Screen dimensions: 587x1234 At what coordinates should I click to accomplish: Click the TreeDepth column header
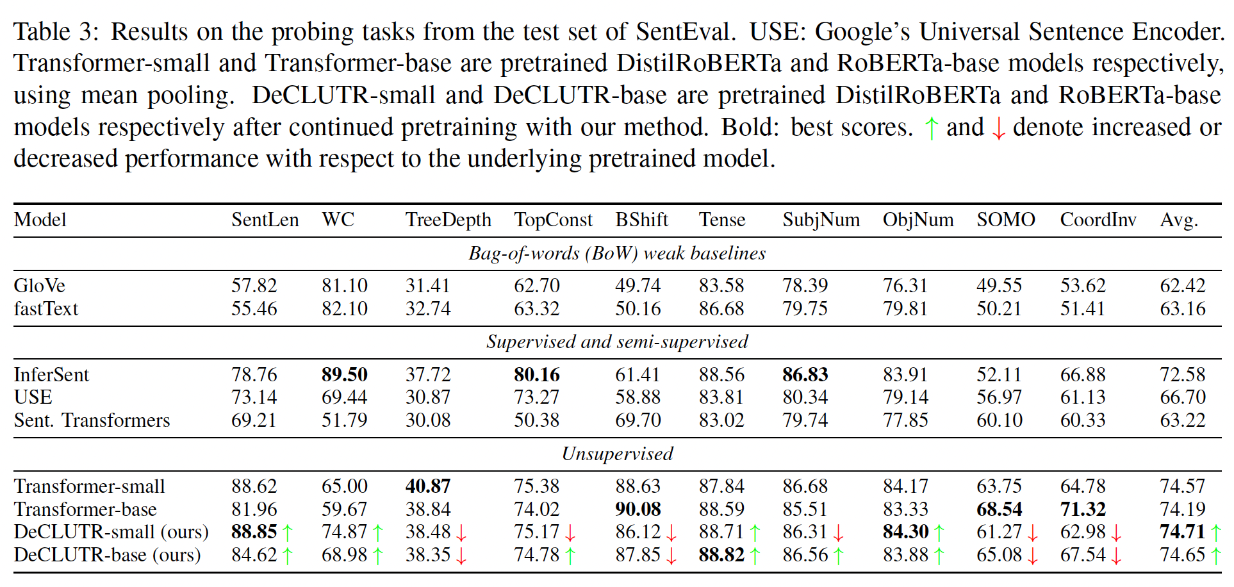tap(448, 220)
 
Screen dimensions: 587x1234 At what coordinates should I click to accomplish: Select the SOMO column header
tap(1005, 220)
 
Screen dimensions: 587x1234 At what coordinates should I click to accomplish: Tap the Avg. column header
tap(1178, 220)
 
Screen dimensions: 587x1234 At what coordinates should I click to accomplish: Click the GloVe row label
tap(40, 285)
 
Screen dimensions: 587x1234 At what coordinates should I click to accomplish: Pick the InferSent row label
tap(51, 374)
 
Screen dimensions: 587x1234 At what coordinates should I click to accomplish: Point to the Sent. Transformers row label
tap(92, 420)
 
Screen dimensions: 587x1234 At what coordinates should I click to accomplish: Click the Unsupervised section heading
tap(617, 454)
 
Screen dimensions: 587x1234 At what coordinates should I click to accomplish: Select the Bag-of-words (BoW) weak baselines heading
tap(617, 253)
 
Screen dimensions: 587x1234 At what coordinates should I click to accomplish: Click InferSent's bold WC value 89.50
tap(344, 374)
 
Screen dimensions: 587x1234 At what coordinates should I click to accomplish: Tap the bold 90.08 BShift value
tap(638, 509)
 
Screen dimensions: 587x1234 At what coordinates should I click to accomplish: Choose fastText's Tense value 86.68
tap(721, 309)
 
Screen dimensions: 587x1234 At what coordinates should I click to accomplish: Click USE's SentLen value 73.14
tap(254, 397)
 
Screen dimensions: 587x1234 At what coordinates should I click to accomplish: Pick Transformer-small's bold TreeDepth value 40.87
tap(427, 486)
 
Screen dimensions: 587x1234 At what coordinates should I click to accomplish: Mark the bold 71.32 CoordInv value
tap(1082, 509)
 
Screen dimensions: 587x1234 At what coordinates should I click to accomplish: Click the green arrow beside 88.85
tap(288, 533)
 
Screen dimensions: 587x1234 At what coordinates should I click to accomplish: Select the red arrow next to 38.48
tap(461, 533)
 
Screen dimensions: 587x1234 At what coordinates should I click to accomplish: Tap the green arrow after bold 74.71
tap(1216, 533)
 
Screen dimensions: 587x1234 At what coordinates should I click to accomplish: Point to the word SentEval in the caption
tap(683, 31)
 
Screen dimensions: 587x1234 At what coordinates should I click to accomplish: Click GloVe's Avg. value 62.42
tap(1182, 285)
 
